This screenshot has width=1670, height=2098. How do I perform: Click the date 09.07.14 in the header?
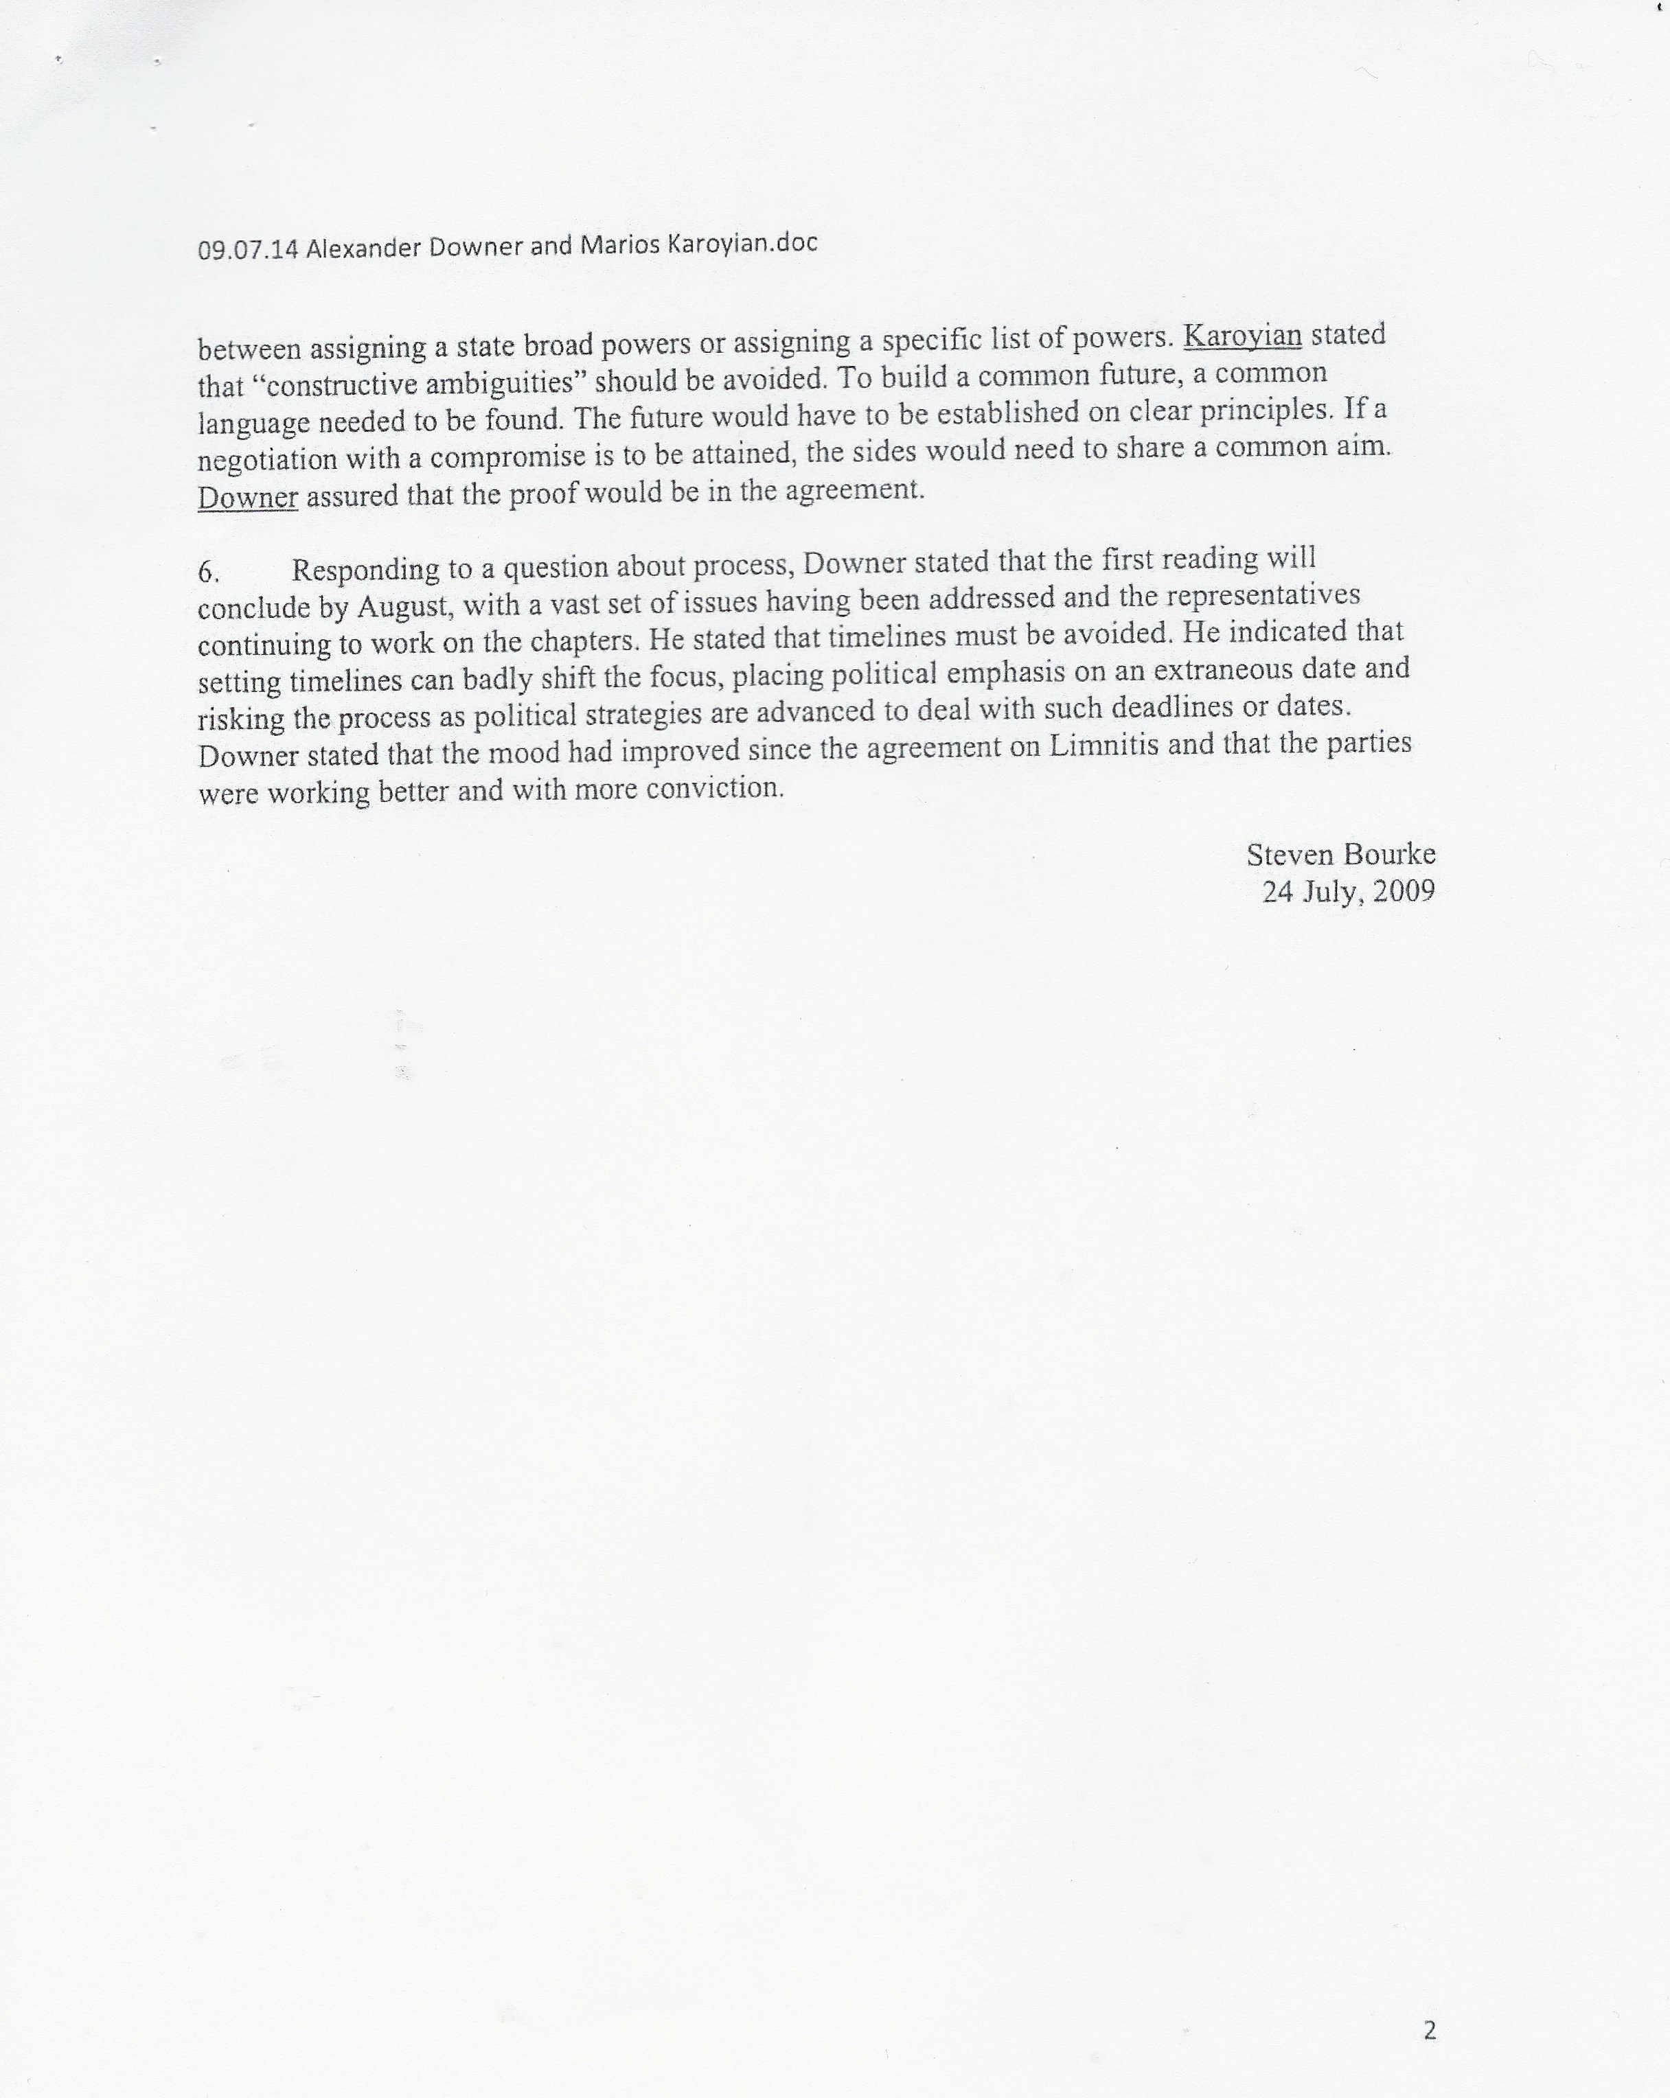point(247,250)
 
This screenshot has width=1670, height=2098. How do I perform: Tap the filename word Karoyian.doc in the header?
point(742,243)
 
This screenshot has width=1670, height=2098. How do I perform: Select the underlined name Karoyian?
point(1242,336)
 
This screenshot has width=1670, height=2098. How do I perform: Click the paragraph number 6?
point(207,572)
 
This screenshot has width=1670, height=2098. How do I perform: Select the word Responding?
point(365,569)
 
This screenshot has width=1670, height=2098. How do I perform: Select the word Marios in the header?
point(620,245)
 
